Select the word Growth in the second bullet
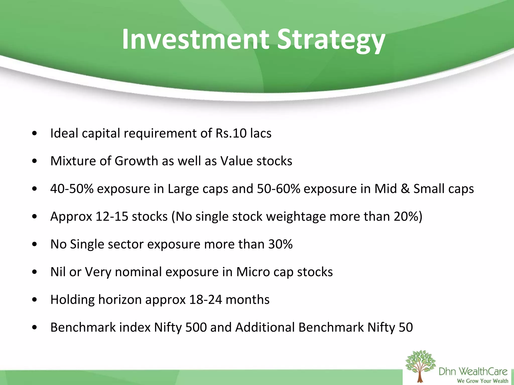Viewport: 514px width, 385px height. (136, 161)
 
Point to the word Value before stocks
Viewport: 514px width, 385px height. (236, 161)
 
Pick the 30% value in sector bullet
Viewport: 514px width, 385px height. (280, 244)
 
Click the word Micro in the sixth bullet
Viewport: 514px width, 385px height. (253, 272)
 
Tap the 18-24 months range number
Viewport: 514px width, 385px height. (206, 300)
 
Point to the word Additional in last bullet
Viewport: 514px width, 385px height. (265, 327)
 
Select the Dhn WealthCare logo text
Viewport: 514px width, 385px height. (473, 371)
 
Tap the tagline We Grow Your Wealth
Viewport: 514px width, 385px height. (482, 381)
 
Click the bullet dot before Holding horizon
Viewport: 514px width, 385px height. (35, 300)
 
